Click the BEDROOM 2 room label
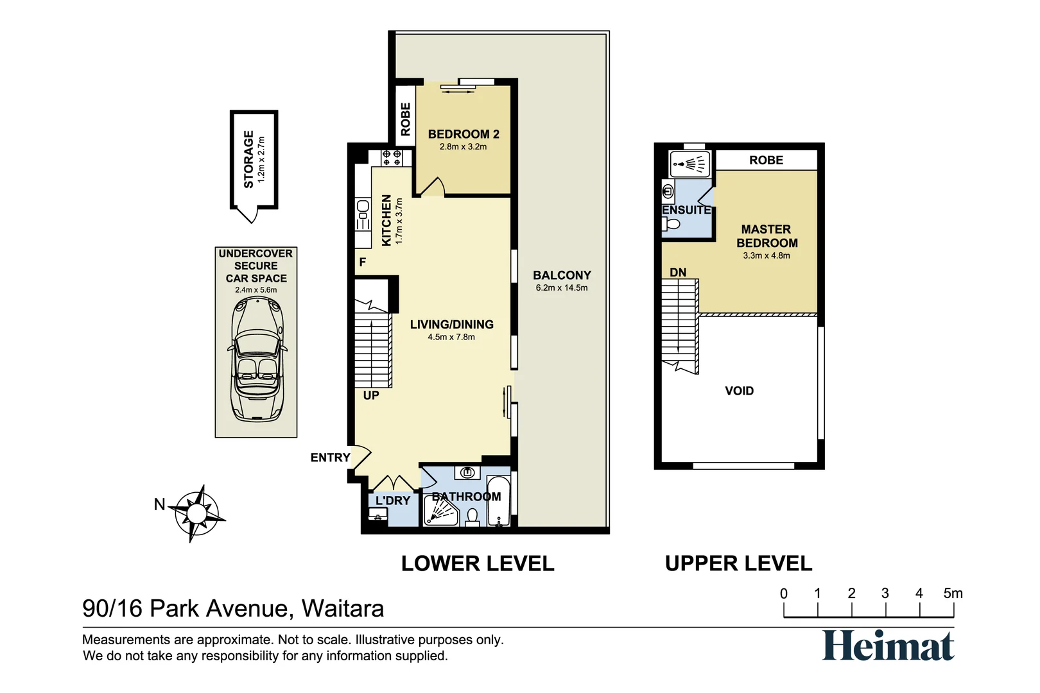(464, 134)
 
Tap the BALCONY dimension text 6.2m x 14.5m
(562, 287)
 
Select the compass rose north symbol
(197, 513)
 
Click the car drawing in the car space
(256, 359)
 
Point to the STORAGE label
(248, 159)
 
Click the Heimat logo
(888, 646)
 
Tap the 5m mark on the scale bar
(953, 594)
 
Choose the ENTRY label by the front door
(330, 458)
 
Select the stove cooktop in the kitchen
(392, 157)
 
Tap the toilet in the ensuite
(672, 224)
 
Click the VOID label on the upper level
(739, 391)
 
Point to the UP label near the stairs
(371, 395)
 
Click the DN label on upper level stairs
(678, 273)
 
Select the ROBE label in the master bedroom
(766, 160)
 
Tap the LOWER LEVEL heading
(478, 563)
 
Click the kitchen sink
(363, 207)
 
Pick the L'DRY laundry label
(393, 501)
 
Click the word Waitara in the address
(343, 608)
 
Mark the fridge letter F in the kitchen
(363, 262)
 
